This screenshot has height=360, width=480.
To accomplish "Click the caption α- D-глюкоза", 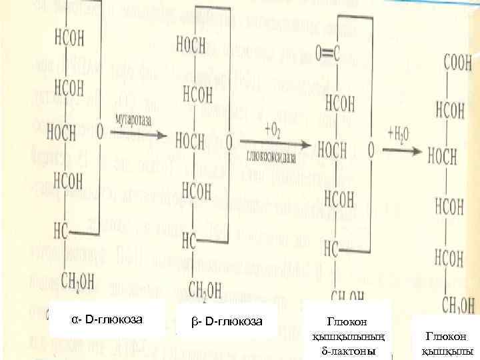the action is (x=107, y=319).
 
